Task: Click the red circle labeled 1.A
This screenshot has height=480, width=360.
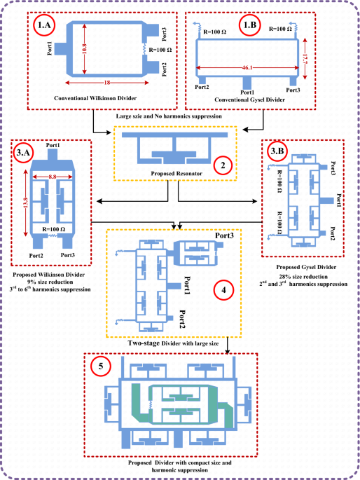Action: [44, 25]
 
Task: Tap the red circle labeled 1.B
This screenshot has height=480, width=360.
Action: [250, 25]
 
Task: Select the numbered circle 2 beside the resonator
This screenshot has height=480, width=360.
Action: [223, 165]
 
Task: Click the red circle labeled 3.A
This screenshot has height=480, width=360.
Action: [23, 152]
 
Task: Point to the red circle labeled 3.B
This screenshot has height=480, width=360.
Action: [277, 151]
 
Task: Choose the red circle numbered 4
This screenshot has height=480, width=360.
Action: [224, 289]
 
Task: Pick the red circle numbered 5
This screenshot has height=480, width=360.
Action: [101, 366]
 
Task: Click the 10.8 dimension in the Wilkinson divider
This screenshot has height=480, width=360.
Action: [85, 48]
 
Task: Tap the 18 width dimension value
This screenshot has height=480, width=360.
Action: [106, 83]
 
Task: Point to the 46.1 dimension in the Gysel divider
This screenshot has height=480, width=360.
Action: [247, 68]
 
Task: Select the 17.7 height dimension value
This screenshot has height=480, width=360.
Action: [305, 59]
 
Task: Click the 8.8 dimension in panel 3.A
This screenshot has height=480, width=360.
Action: [53, 177]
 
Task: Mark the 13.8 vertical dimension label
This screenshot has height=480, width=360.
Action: [25, 204]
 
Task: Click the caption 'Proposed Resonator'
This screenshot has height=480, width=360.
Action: [176, 174]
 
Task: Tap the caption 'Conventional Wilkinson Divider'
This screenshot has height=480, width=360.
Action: [95, 98]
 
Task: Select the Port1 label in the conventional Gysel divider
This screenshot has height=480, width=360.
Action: [247, 92]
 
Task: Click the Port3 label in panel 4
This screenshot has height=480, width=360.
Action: [224, 235]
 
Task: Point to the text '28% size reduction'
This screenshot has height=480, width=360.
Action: [303, 277]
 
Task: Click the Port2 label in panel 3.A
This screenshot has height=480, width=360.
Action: [36, 256]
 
